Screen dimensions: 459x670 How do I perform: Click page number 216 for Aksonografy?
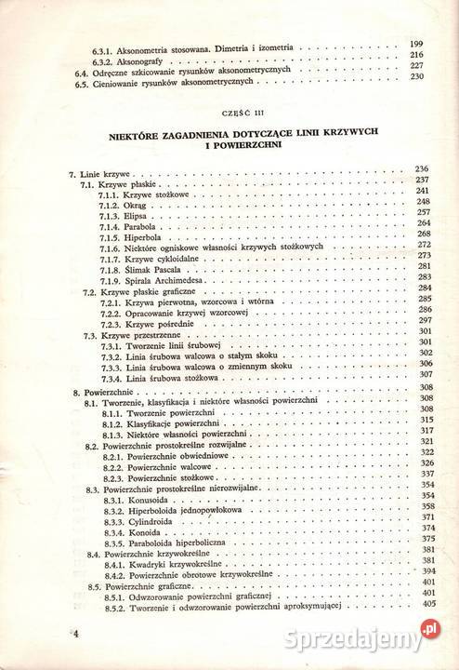coord(416,56)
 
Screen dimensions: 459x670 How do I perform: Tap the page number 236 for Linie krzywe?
coord(417,167)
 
